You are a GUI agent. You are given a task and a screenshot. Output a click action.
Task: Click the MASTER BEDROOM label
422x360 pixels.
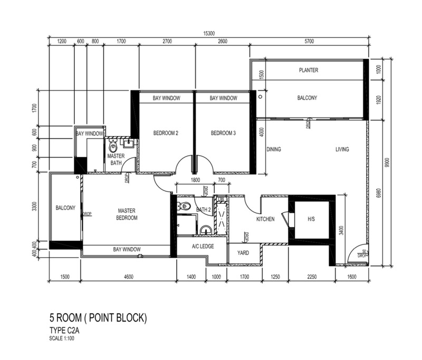point(127,214)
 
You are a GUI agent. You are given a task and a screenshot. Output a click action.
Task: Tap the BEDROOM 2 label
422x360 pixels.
point(166,133)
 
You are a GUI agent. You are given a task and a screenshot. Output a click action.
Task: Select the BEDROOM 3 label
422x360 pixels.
point(223,133)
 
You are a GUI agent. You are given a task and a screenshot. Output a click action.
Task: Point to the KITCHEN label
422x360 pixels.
point(265,219)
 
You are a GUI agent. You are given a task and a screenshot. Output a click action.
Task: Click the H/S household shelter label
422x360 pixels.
point(311,219)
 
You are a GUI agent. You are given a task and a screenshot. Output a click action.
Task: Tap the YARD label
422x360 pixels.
point(243,253)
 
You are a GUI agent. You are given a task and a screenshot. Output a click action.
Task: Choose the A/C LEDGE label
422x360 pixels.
point(203,246)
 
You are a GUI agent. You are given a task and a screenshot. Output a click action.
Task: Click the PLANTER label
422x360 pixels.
point(309,70)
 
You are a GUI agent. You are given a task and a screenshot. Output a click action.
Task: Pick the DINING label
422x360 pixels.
point(274,149)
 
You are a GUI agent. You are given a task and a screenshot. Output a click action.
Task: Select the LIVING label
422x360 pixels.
point(342,149)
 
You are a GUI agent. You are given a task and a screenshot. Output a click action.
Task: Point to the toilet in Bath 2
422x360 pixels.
point(184,206)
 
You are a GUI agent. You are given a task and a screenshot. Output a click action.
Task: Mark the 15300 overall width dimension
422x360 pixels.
point(209,33)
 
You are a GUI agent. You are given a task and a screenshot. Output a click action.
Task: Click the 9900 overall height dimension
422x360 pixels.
point(387,163)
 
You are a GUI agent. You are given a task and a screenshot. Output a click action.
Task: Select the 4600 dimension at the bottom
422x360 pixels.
point(129,277)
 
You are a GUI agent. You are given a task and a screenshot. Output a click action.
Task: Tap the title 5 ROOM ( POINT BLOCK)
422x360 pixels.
point(98,318)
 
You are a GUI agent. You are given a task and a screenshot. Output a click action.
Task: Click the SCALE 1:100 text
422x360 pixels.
point(62,338)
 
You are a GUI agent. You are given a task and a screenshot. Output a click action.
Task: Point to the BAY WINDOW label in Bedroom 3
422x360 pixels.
point(223,98)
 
